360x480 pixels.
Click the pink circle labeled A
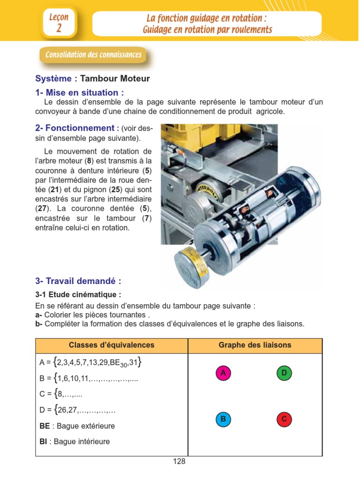click(x=224, y=373)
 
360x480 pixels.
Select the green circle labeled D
click(x=284, y=373)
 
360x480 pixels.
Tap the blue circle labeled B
click(x=224, y=419)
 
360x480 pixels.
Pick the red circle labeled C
click(x=284, y=419)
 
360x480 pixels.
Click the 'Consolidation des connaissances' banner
click(x=93, y=55)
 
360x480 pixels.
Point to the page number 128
click(x=179, y=462)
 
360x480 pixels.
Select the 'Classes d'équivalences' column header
click(x=112, y=345)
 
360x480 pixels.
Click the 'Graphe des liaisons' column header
click(x=255, y=345)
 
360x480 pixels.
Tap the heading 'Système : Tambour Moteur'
click(x=92, y=79)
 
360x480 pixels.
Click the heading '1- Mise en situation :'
click(x=80, y=92)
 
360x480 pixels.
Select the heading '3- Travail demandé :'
click(x=78, y=281)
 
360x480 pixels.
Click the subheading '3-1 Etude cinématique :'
click(x=78, y=295)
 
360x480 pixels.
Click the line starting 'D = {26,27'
click(x=78, y=410)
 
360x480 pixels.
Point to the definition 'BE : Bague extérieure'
click(x=77, y=426)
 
